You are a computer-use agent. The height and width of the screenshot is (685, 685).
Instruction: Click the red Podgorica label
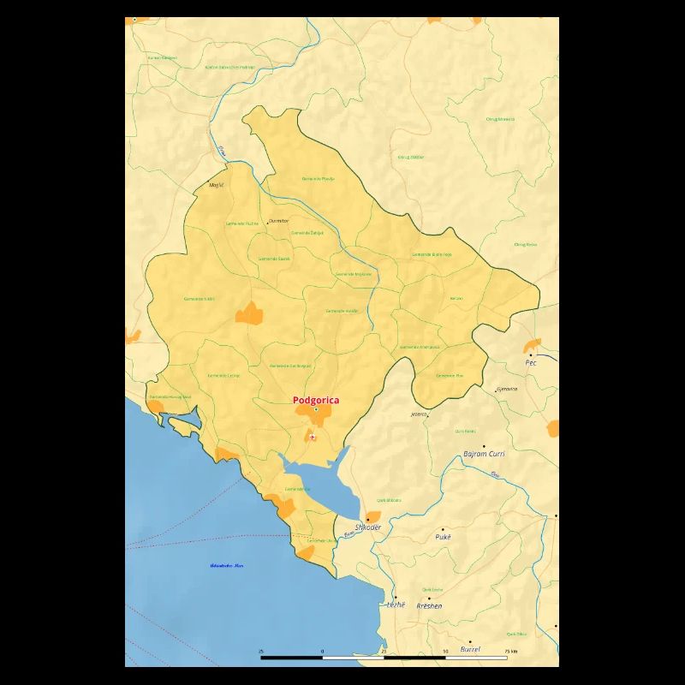click(x=316, y=400)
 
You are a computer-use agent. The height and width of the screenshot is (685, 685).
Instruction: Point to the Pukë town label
click(x=442, y=537)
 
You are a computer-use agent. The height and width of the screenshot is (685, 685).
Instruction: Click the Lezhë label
click(x=396, y=605)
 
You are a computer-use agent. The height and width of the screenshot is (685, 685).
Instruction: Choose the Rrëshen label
click(x=429, y=605)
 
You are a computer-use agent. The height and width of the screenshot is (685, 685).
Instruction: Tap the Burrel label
click(x=470, y=649)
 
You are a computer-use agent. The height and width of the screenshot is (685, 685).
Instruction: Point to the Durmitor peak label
click(x=279, y=221)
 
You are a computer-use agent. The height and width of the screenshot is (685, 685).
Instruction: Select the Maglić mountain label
click(x=216, y=184)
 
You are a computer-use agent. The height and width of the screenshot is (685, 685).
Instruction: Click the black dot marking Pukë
click(x=443, y=529)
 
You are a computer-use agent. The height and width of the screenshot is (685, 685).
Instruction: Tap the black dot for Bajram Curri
click(x=484, y=446)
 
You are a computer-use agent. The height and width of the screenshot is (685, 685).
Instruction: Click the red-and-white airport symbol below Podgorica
click(x=313, y=438)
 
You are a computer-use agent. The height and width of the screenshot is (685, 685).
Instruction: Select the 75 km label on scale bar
click(x=511, y=652)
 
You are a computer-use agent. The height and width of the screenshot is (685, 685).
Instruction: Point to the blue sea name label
click(x=227, y=565)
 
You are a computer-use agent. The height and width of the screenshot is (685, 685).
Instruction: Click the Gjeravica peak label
click(x=507, y=389)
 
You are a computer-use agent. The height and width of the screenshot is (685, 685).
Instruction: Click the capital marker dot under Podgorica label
click(x=315, y=409)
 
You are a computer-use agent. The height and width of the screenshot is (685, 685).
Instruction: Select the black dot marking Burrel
click(x=469, y=641)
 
